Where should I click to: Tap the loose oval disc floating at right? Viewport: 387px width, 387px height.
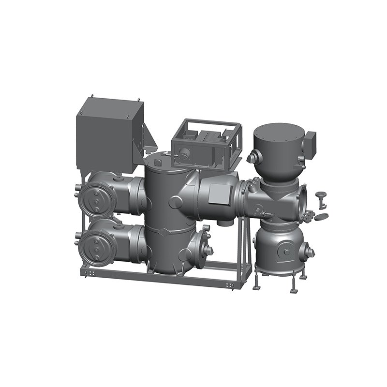(x=321, y=217)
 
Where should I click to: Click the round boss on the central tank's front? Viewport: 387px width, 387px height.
(x=175, y=202)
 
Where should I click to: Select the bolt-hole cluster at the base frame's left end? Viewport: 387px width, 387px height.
(x=89, y=273)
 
